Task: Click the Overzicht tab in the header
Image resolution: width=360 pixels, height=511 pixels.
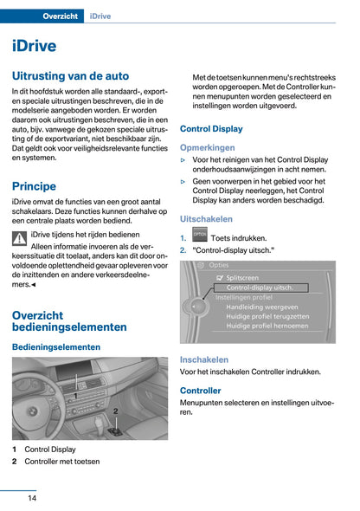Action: (x=49, y=16)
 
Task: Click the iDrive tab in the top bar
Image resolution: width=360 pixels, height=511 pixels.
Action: (x=103, y=16)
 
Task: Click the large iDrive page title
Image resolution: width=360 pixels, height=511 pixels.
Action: (x=35, y=46)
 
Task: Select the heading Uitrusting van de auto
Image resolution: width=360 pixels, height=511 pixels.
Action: (x=70, y=76)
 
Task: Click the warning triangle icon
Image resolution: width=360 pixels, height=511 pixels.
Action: (x=20, y=239)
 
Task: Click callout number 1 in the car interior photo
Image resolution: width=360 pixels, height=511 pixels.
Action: (x=75, y=395)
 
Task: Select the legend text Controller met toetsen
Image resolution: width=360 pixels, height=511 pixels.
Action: (x=61, y=462)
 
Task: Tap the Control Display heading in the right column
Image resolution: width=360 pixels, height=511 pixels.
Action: (x=211, y=129)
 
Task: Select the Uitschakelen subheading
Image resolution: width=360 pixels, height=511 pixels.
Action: (x=206, y=219)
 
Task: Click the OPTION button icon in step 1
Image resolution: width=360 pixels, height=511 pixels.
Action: (x=199, y=236)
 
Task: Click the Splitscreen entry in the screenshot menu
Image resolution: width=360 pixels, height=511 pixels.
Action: (x=247, y=276)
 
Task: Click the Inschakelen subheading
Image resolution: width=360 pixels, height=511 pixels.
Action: (x=204, y=359)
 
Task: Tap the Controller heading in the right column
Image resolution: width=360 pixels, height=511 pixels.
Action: (x=201, y=391)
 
